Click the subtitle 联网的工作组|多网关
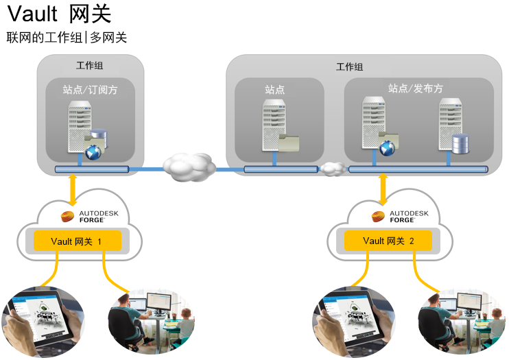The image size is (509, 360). click(x=67, y=38)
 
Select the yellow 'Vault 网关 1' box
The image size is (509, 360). click(x=76, y=241)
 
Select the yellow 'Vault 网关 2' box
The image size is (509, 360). click(x=388, y=241)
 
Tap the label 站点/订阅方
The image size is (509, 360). click(x=90, y=89)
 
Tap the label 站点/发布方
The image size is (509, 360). click(x=415, y=88)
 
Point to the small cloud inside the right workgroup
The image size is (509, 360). click(x=333, y=168)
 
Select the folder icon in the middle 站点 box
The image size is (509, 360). click(x=289, y=141)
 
